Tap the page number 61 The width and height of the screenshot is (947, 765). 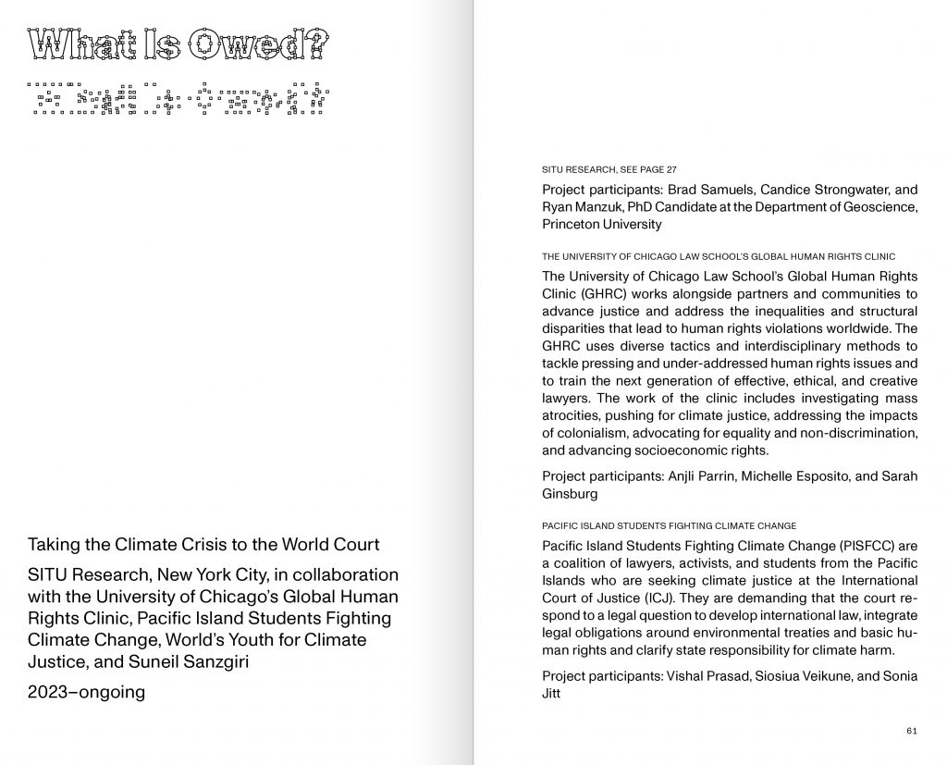coord(912,731)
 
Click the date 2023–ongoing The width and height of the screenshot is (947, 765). coord(86,692)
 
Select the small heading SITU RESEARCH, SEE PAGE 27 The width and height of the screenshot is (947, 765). coord(609,170)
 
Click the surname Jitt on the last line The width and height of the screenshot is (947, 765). coord(552,694)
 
